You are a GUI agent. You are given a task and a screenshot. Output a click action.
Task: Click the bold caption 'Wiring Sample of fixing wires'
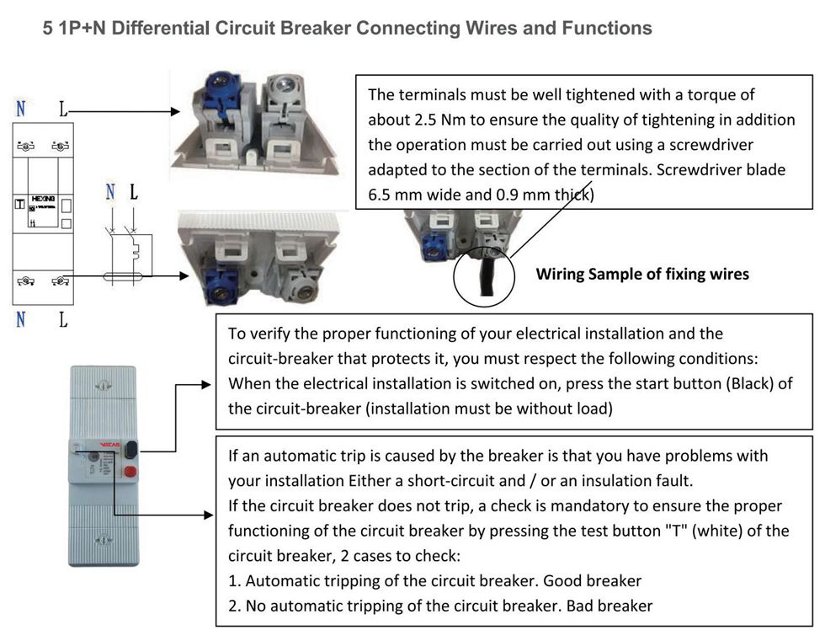click(642, 274)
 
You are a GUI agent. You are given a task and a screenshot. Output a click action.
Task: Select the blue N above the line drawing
click(20, 109)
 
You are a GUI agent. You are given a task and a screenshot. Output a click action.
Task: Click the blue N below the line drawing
click(20, 319)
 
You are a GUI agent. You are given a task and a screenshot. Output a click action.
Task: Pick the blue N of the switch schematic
click(109, 193)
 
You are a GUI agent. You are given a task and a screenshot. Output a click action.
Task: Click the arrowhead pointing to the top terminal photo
click(177, 111)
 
